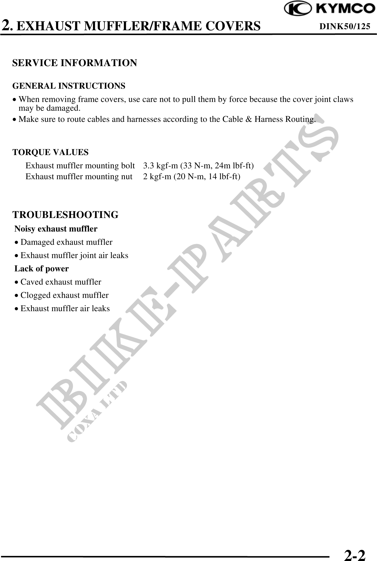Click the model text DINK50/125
[x=345, y=26]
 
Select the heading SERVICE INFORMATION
[x=75, y=63]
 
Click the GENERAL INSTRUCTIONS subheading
[x=69, y=86]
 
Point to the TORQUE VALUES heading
[x=50, y=152]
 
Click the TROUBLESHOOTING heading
[x=65, y=215]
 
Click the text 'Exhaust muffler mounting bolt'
[x=80, y=166]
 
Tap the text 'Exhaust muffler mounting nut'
[x=79, y=177]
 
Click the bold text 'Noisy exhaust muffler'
[x=56, y=229]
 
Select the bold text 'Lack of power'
[x=41, y=269]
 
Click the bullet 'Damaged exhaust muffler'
[x=66, y=242]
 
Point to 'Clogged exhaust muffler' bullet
[x=65, y=295]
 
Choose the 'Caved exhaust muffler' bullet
[x=61, y=282]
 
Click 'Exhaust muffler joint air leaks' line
[x=74, y=255]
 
